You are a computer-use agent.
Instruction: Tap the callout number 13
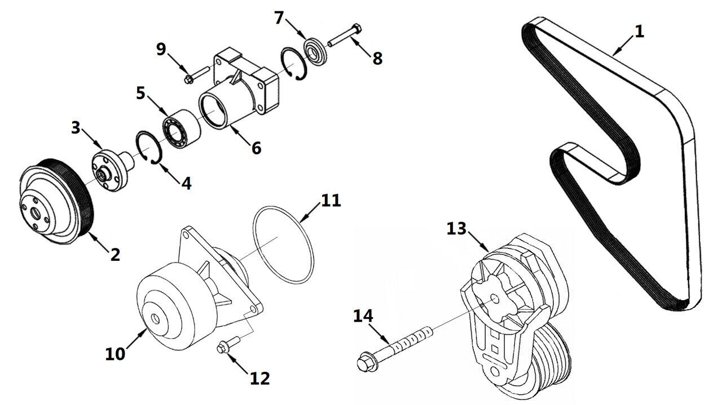[x=457, y=229]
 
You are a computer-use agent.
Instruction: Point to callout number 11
[x=331, y=201]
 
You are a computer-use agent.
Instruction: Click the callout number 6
[x=256, y=148]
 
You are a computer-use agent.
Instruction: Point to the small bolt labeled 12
[x=223, y=349]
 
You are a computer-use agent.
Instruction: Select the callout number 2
[x=115, y=254]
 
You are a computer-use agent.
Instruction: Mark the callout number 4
[x=186, y=183]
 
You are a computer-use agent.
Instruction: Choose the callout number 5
[x=140, y=92]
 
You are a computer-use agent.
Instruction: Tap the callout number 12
[x=259, y=378]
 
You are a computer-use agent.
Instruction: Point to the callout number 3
[x=76, y=127]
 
